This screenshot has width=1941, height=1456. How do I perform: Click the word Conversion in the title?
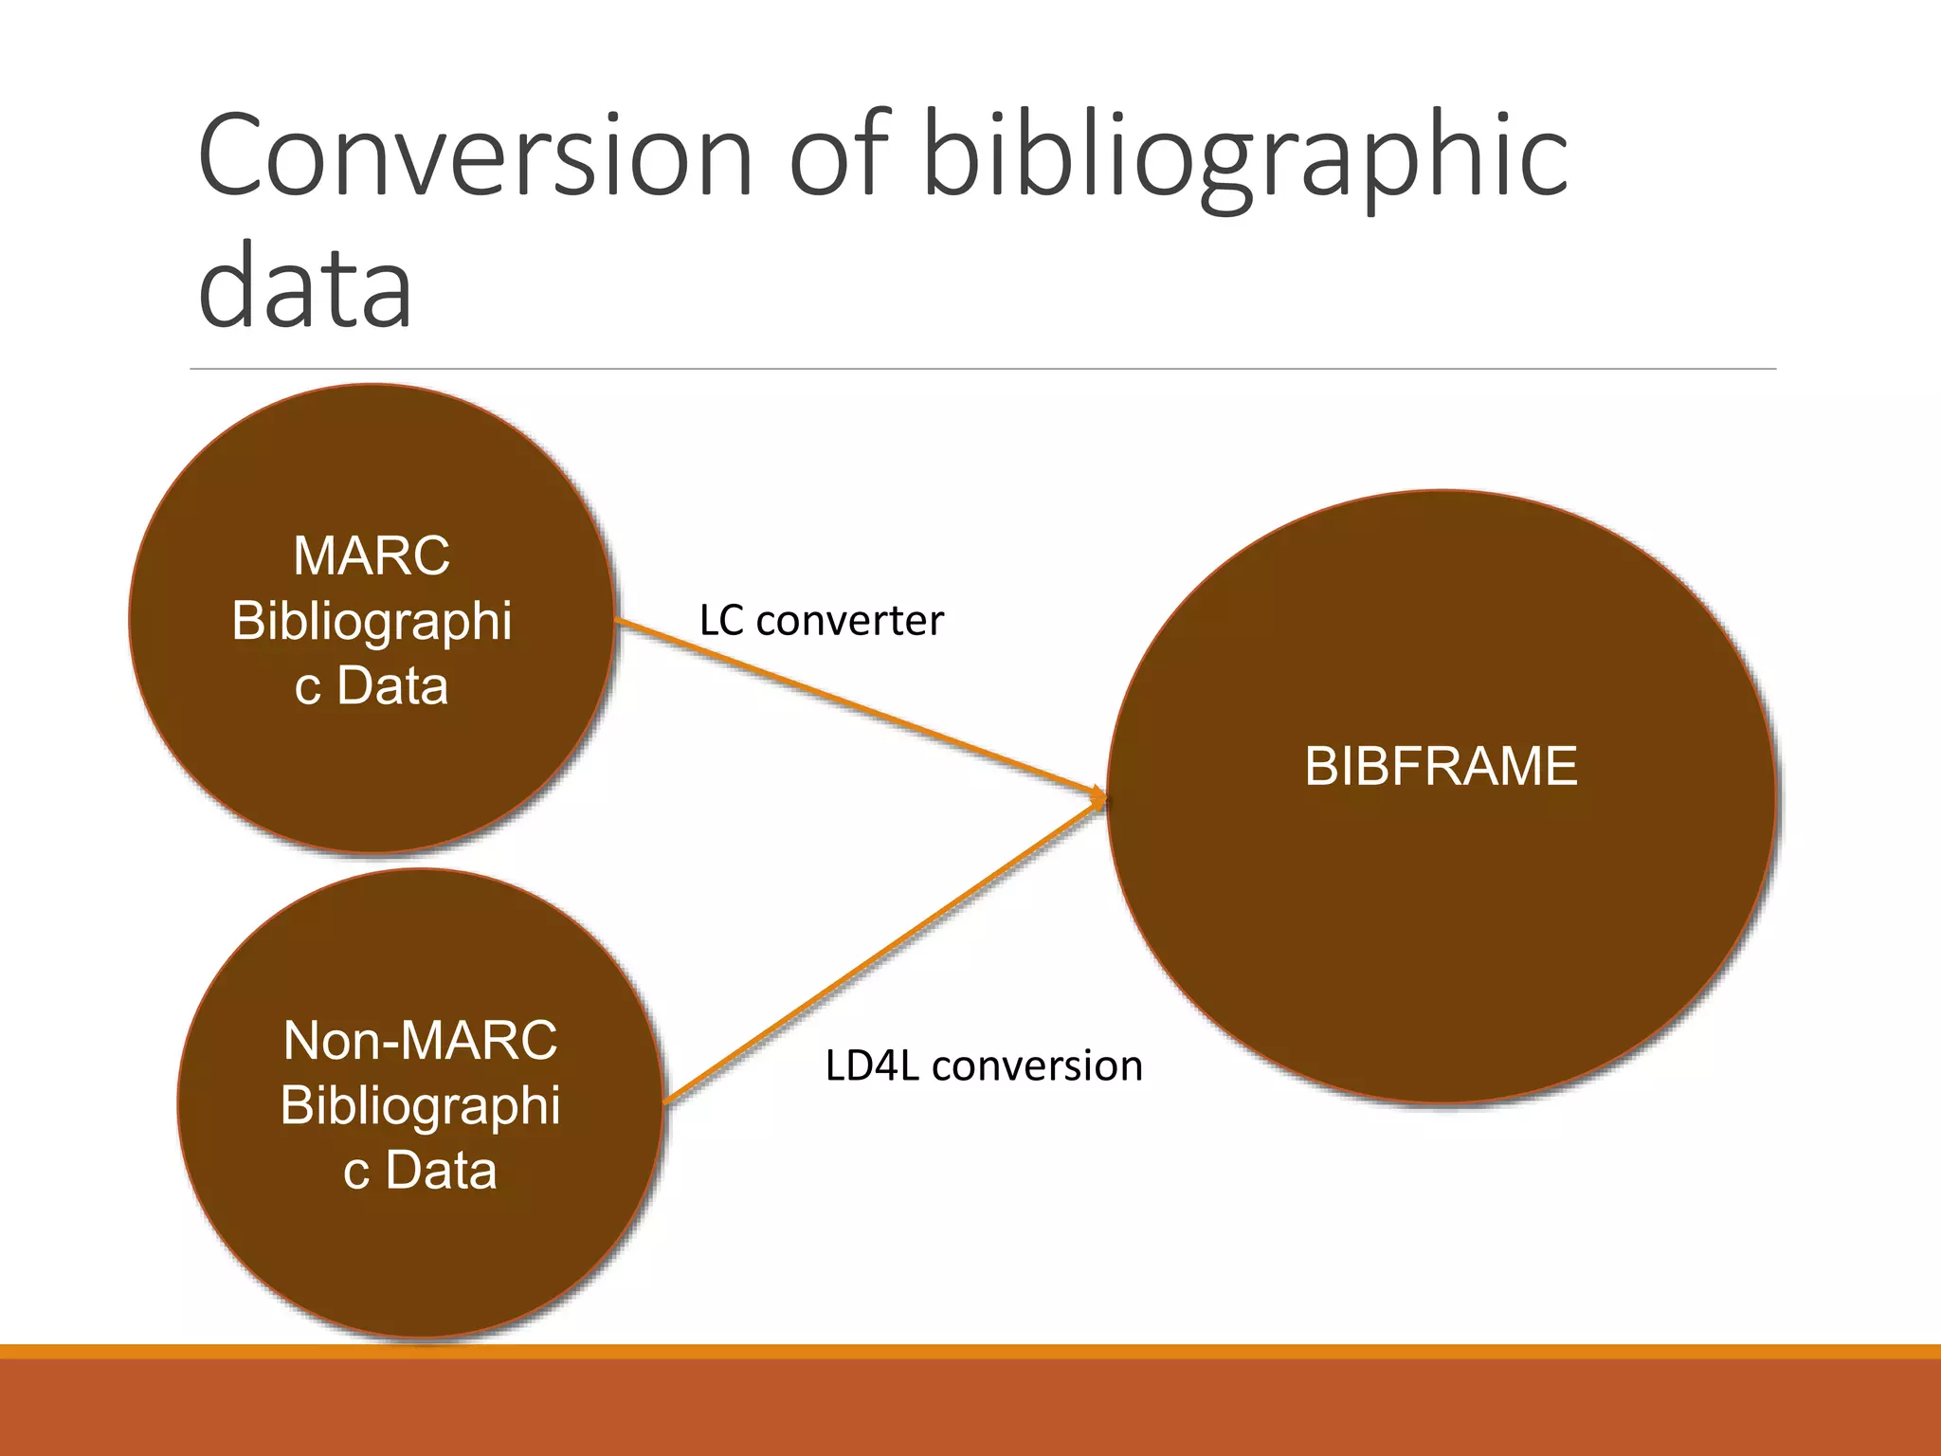coord(474,156)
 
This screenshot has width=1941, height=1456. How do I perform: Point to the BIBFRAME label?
coord(1441,766)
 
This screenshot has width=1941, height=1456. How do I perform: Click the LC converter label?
coord(821,621)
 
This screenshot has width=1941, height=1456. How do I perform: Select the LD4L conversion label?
coord(984,1065)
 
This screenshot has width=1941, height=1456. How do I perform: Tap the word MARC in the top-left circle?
coord(372,555)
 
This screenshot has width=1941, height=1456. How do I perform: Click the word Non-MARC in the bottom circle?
coord(420,1040)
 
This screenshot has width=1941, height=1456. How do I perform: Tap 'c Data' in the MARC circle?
coord(372,685)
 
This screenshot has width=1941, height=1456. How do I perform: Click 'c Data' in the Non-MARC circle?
coord(420,1170)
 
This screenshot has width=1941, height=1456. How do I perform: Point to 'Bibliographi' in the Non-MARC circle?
coord(420,1105)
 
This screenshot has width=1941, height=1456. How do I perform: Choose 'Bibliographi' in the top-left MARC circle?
coord(372,621)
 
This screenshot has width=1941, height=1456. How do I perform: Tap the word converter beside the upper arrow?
coord(849,621)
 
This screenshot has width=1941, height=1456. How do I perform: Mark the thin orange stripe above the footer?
coord(970,1351)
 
